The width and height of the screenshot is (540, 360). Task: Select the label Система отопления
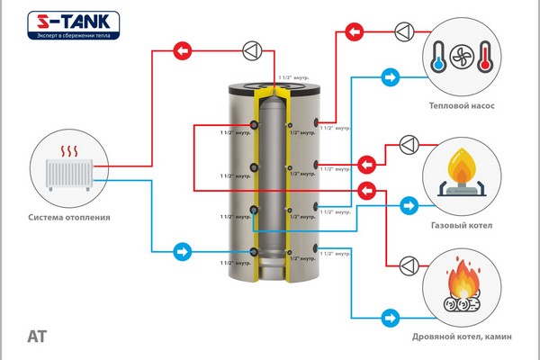(68, 217)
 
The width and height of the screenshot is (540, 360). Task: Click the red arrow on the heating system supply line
(182, 51)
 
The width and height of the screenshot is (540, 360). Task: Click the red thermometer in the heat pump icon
(484, 55)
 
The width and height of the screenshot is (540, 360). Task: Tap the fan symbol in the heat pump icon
(459, 55)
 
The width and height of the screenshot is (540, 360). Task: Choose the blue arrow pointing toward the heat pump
(390, 78)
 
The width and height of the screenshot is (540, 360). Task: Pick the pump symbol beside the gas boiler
(408, 142)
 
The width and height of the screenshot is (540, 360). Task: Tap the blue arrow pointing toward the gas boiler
(409, 206)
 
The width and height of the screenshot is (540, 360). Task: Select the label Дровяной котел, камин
(462, 337)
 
